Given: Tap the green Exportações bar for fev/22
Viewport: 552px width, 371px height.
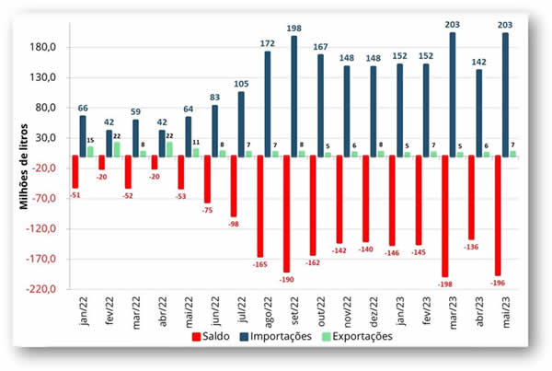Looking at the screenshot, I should click(x=117, y=149).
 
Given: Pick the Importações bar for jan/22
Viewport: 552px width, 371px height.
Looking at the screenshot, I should click(x=83, y=135).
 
